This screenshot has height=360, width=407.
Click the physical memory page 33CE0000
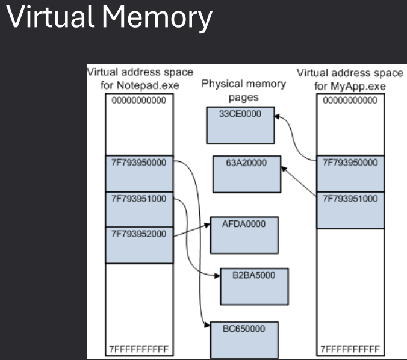pyautogui.click(x=240, y=123)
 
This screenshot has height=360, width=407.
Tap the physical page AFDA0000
pyautogui.click(x=244, y=235)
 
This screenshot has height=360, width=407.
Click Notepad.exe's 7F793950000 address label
pyautogui.click(x=139, y=163)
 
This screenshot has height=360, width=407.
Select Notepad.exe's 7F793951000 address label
pyautogui.click(x=139, y=198)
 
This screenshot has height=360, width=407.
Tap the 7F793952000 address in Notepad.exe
pyautogui.click(x=139, y=233)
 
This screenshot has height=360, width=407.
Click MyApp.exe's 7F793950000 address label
pyautogui.click(x=350, y=163)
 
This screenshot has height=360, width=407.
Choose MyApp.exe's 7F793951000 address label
pyautogui.click(x=350, y=198)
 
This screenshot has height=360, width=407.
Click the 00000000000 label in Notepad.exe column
pyautogui.click(x=139, y=101)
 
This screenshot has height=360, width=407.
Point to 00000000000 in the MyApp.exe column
pyautogui.click(x=350, y=101)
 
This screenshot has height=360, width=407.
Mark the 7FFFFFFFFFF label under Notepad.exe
pyautogui.click(x=139, y=349)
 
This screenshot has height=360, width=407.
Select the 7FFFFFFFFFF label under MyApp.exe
pyautogui.click(x=350, y=349)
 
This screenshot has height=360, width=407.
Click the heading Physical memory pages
pyautogui.click(x=244, y=91)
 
